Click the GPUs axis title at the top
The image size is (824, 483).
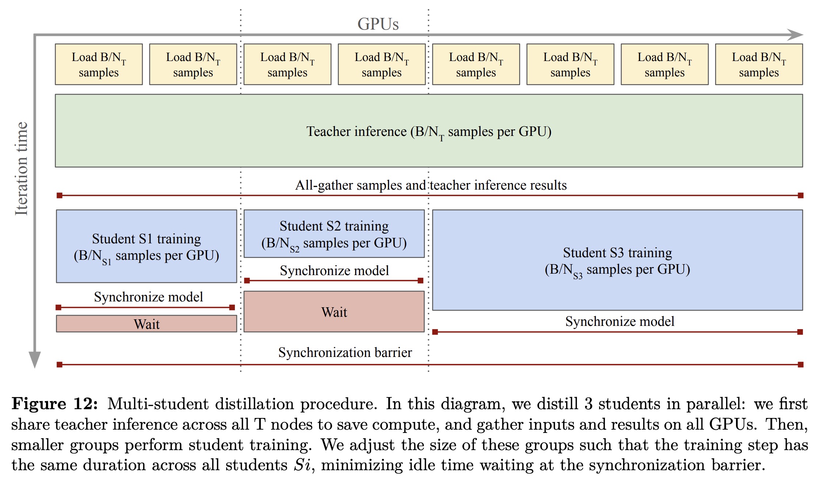[x=378, y=24]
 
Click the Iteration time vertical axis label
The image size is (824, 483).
[x=21, y=168]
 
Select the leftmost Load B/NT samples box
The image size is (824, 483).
[x=99, y=64]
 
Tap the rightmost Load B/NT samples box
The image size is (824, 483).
[x=759, y=64]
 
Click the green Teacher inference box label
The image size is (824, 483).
[x=428, y=132]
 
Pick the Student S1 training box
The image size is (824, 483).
[x=146, y=246]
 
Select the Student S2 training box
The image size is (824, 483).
[x=334, y=234]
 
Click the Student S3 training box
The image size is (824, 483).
[x=617, y=260]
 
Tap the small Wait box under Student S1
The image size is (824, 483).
[x=146, y=324]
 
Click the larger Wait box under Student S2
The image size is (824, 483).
[x=334, y=312]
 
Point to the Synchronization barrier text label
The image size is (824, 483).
[x=345, y=353]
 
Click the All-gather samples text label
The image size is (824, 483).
[x=431, y=185]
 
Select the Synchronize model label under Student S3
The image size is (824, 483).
[x=619, y=322]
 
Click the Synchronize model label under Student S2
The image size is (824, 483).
[x=334, y=271]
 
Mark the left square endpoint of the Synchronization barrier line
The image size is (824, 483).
[x=60, y=364]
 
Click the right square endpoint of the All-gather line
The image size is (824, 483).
[x=800, y=195]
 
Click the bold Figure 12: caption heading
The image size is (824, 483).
[x=55, y=404]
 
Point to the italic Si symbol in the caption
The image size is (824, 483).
[x=302, y=465]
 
